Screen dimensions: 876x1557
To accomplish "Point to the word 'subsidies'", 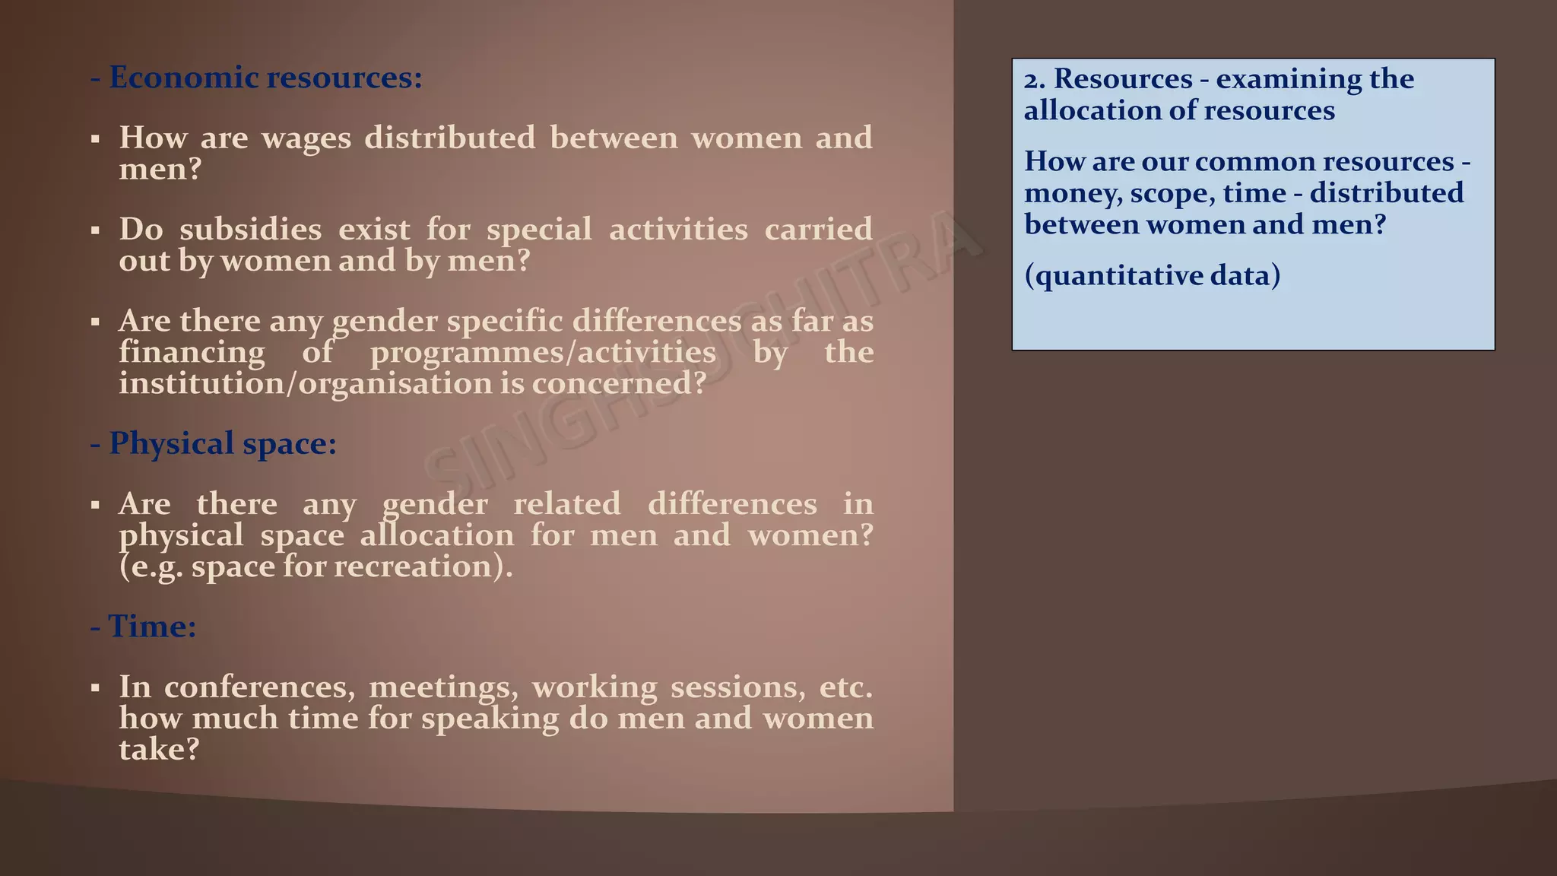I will click(251, 230).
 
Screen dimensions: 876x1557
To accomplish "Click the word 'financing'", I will click(192, 352).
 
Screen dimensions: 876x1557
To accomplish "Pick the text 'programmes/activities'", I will click(543, 352).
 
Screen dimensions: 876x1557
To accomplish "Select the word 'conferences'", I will click(259, 687).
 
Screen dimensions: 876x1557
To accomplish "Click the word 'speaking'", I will click(490, 719).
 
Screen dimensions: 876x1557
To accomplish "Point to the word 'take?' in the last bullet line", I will click(159, 750).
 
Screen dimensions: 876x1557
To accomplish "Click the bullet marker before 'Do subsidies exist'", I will click(95, 230).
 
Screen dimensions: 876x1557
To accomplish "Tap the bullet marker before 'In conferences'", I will click(95, 688).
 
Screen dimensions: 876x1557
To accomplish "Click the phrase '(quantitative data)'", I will click(1152, 275).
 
